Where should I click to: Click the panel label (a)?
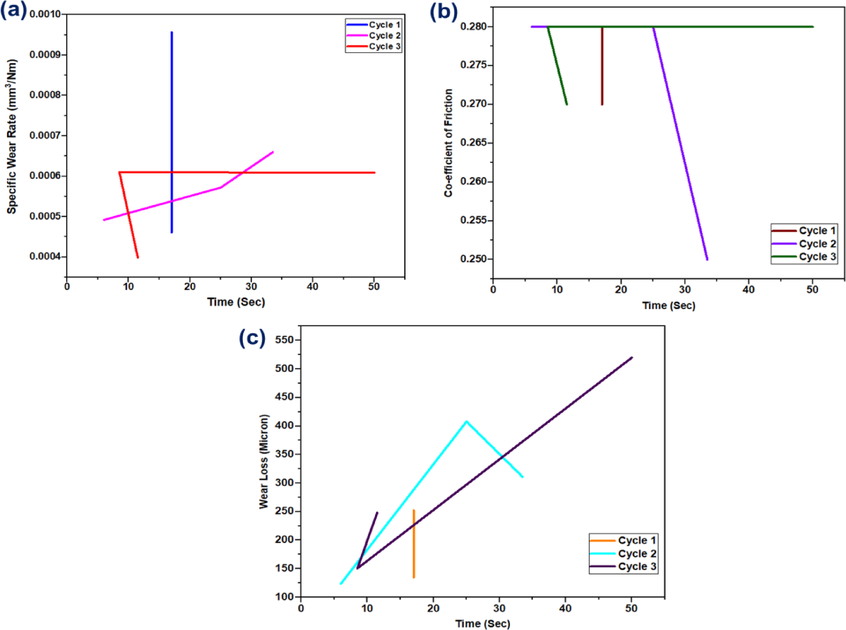[x=13, y=10]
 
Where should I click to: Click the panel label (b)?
[x=443, y=12]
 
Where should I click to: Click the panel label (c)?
[x=252, y=338]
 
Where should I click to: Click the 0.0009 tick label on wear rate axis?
[x=45, y=55]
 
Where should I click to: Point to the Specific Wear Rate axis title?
[x=12, y=137]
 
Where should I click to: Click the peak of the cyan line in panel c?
[x=466, y=421]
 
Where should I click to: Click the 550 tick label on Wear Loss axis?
[x=284, y=340]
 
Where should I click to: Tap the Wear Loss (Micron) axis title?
[x=264, y=461]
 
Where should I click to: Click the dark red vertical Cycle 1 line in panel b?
[x=602, y=67]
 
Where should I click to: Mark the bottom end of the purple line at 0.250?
[x=707, y=259]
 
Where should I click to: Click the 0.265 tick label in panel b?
[x=474, y=143]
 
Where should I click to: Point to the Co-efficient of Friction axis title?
[x=448, y=143]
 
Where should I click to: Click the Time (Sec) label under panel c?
[x=483, y=623]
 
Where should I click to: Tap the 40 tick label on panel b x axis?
[x=748, y=290]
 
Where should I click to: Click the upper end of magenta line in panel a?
[x=273, y=152]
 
